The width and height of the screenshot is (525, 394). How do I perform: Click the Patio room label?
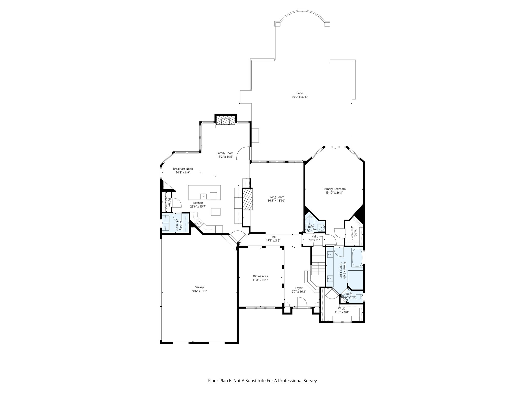[299, 93]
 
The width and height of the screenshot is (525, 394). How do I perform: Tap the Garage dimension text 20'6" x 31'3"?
[199, 291]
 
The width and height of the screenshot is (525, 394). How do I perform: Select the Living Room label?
[276, 197]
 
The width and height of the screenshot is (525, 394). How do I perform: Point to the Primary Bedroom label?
[334, 189]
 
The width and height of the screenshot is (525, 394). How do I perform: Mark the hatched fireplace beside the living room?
[248, 199]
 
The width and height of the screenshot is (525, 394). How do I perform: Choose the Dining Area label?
[260, 276]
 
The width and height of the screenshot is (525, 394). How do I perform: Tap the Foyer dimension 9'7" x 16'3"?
[299, 291]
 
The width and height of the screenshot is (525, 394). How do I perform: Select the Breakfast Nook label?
[183, 169]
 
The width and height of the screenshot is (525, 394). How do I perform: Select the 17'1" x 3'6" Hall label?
[273, 241]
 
